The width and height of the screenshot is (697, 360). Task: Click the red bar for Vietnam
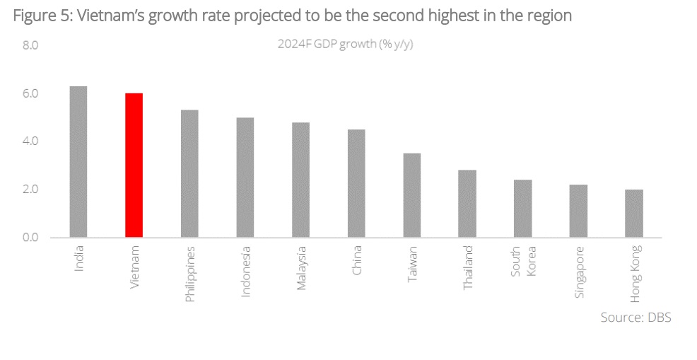pyautogui.click(x=134, y=165)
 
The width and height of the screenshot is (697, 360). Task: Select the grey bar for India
pyautogui.click(x=78, y=161)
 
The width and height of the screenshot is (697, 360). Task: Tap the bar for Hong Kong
pyautogui.click(x=634, y=213)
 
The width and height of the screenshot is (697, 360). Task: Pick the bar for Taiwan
pyautogui.click(x=411, y=194)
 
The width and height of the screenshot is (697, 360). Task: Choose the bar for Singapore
pyautogui.click(x=578, y=210)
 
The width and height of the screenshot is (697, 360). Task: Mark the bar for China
pyautogui.click(x=356, y=182)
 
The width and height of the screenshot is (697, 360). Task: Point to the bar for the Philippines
pyautogui.click(x=189, y=173)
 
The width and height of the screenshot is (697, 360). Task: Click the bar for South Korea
pyautogui.click(x=522, y=208)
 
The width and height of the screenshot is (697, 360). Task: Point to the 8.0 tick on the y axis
pyautogui.click(x=30, y=45)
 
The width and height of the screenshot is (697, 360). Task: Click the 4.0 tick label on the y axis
pyautogui.click(x=30, y=141)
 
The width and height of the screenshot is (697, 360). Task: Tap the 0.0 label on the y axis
pyautogui.click(x=30, y=237)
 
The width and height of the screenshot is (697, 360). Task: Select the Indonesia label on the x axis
pyautogui.click(x=246, y=271)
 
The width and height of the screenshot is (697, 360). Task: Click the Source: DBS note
pyautogui.click(x=635, y=318)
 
